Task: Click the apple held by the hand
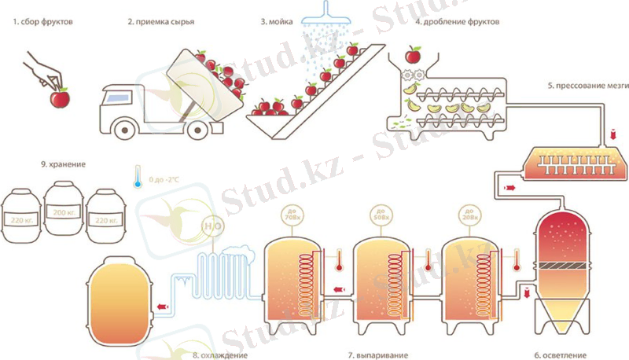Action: click(60, 98)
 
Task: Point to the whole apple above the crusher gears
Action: click(412, 57)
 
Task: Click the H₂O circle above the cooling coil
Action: click(210, 226)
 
